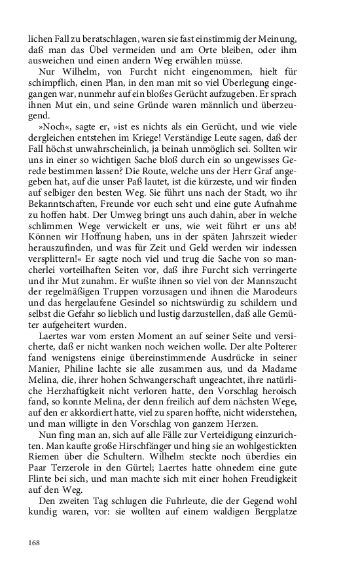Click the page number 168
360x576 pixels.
pos(33,542)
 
